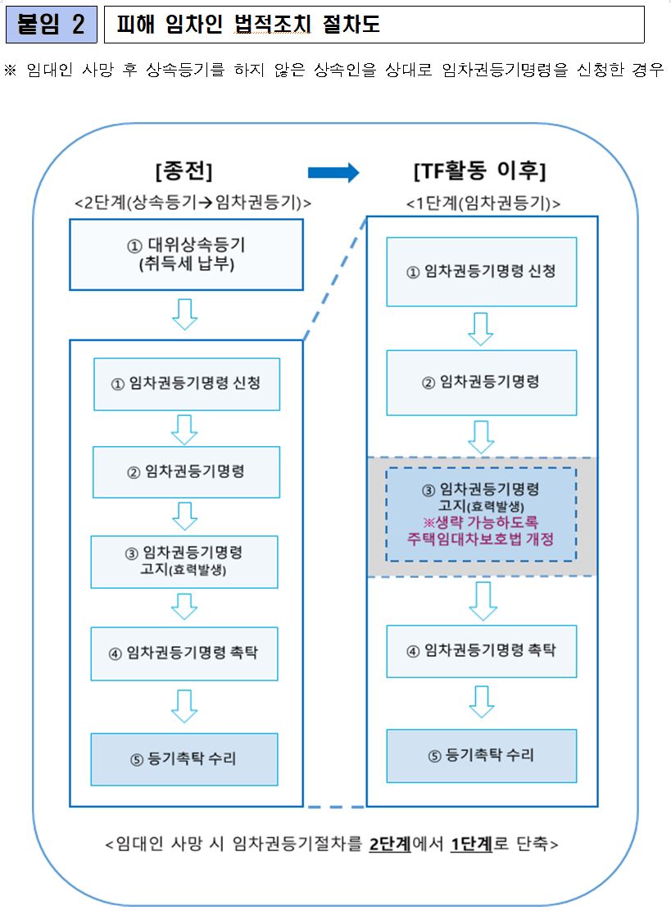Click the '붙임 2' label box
(x=51, y=25)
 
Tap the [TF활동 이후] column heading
(x=480, y=171)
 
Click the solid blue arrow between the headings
(x=333, y=172)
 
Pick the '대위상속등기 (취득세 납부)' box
(x=186, y=253)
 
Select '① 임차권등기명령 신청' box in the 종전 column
(x=186, y=383)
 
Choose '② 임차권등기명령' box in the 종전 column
(x=186, y=471)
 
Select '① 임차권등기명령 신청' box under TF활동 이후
(x=482, y=271)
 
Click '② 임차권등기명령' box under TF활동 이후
(x=482, y=382)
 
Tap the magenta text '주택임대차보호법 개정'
(x=482, y=540)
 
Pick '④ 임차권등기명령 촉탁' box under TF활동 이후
(x=482, y=650)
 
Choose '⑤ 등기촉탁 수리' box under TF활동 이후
(x=482, y=755)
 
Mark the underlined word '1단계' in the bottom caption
(x=471, y=845)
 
